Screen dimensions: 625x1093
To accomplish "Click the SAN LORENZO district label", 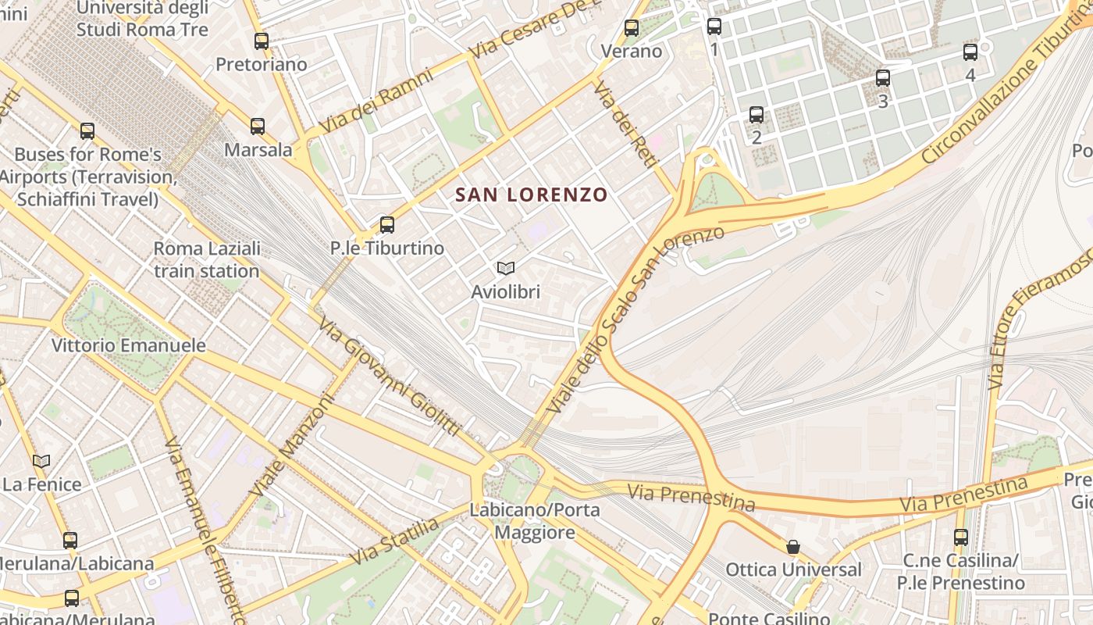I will (x=531, y=195).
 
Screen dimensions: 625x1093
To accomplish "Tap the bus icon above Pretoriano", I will (x=262, y=41).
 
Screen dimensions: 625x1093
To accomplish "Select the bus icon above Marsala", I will (x=258, y=126).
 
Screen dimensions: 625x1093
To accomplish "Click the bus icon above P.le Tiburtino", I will (x=386, y=225).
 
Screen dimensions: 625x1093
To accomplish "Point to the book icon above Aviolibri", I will (x=506, y=269).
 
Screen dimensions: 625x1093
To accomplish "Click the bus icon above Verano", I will (x=632, y=28).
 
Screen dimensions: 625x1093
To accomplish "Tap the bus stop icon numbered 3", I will (x=883, y=78).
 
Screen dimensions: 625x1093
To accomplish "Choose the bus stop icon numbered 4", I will (x=970, y=52).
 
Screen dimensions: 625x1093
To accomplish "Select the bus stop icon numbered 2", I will (x=757, y=115).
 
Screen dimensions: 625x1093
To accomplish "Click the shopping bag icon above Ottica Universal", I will (x=793, y=547).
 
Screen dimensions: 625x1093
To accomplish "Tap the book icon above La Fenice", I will (x=41, y=462).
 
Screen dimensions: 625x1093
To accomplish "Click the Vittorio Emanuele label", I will (x=129, y=345).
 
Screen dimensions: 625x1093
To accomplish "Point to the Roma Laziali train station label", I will (x=207, y=260).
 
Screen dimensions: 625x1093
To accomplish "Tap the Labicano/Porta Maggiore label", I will (x=535, y=521).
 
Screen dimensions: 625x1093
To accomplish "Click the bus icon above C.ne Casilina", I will (x=961, y=537).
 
